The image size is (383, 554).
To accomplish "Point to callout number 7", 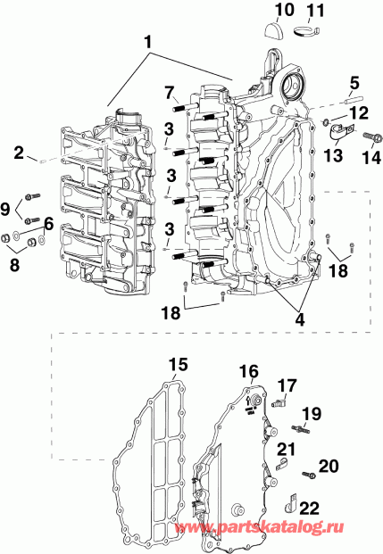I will tap(169, 91).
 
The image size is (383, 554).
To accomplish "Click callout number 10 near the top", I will tap(283, 11).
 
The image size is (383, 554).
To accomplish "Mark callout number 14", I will tap(370, 159).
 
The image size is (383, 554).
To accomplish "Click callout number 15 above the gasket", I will tap(179, 364).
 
